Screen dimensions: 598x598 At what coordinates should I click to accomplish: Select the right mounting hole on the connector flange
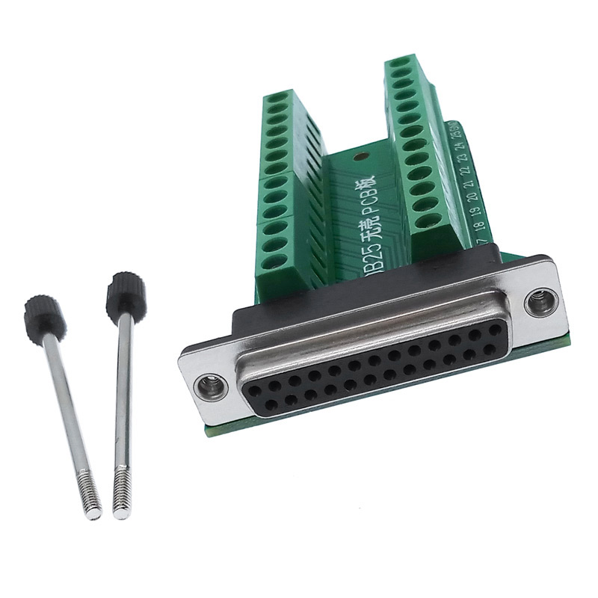536,302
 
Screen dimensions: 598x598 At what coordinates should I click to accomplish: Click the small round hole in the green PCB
360,158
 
